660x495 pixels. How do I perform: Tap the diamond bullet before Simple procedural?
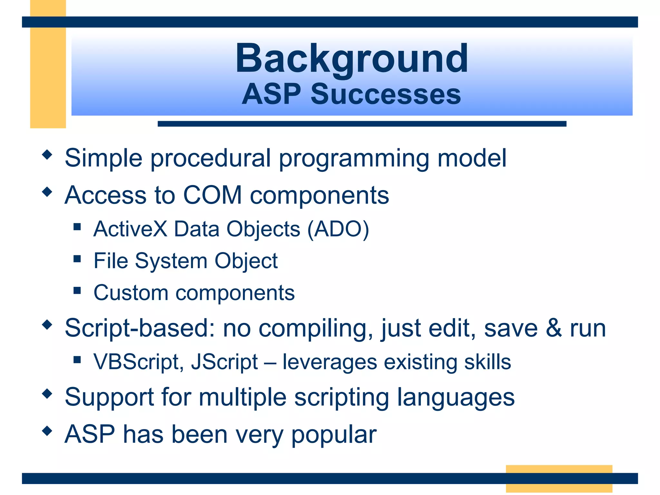point(47,155)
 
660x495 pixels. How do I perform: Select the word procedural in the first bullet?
point(210,158)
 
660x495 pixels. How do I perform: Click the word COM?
point(212,195)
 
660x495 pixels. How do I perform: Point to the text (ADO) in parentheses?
point(338,229)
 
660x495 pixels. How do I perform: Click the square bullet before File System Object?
point(77,259)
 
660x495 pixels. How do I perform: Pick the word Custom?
point(131,293)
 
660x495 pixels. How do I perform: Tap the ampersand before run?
point(554,328)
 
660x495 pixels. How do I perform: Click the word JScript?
point(225,362)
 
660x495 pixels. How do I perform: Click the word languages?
point(456,398)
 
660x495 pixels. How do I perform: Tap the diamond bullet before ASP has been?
point(47,431)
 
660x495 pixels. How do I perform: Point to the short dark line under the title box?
point(362,124)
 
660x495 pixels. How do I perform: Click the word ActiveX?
point(130,229)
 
